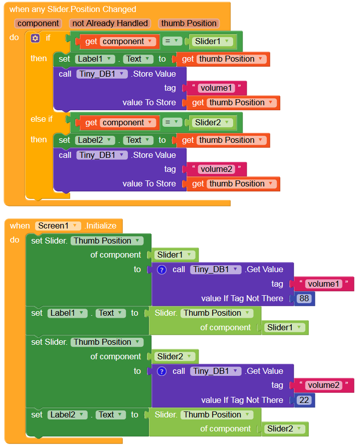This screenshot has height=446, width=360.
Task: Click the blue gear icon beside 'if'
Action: pos(35,38)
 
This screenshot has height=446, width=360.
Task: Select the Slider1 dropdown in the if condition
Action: pos(214,42)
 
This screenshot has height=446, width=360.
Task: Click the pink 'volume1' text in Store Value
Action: pos(216,88)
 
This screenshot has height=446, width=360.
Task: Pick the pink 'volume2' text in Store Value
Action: pos(216,169)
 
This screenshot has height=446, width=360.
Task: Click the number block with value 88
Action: pos(303,298)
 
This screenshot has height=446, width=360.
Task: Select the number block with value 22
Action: pos(303,400)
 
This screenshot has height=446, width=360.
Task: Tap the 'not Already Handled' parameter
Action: pos(110,23)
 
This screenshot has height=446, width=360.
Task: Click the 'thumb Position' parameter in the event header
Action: pos(188,23)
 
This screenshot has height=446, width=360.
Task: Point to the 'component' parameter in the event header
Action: pos(39,23)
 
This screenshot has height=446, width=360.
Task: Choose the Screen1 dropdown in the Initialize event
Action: pos(58,226)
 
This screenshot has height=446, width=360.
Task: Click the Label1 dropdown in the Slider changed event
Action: pos(95,59)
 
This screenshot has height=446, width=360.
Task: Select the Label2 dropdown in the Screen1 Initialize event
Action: pos(67,414)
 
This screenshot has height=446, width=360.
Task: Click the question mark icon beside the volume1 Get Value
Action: pos(161,270)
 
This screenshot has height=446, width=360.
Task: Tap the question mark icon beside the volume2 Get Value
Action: pos(161,371)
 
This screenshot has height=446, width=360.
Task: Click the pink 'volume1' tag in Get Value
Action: pos(323,284)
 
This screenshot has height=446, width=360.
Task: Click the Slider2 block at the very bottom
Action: pos(284,429)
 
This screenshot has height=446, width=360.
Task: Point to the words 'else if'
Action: pos(42,119)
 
